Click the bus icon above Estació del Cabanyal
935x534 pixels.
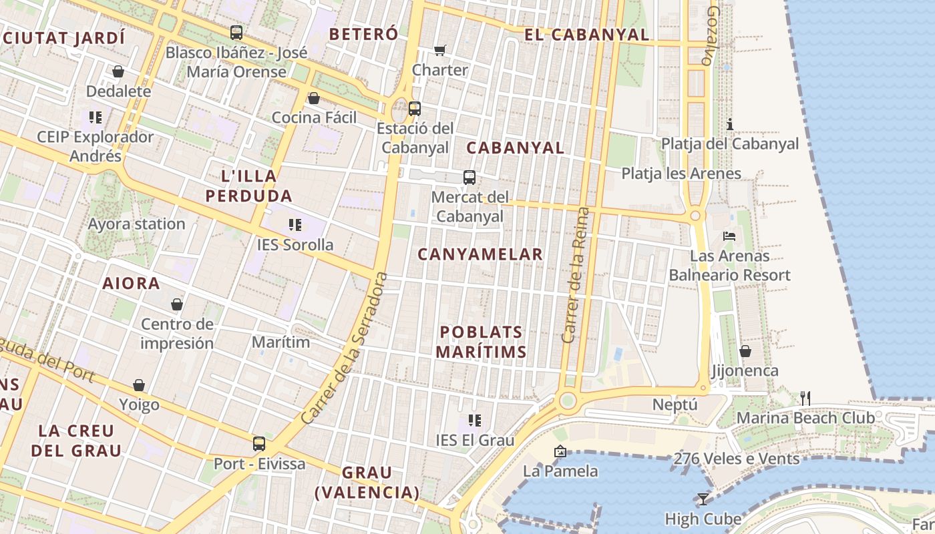[415, 108]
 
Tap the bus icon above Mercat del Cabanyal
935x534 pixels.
[470, 177]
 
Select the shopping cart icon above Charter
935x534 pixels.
[439, 50]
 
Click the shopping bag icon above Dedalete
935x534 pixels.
[118, 71]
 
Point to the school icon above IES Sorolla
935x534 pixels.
[295, 224]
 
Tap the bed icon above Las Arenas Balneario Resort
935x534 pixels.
[729, 236]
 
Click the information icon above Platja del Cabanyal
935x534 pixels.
[730, 124]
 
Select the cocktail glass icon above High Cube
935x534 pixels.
[703, 499]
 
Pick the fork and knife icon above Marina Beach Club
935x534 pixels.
[805, 398]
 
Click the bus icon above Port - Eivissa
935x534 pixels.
[259, 443]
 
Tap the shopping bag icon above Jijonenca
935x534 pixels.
[745, 350]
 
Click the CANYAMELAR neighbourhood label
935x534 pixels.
[480, 254]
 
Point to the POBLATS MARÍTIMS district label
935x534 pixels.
[481, 342]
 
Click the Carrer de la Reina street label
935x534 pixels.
[576, 275]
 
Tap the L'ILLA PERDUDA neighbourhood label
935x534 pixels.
[248, 186]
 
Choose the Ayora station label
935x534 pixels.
[137, 224]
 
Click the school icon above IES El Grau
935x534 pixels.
[475, 420]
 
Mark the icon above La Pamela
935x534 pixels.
[560, 451]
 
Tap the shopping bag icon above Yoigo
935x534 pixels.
[139, 384]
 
